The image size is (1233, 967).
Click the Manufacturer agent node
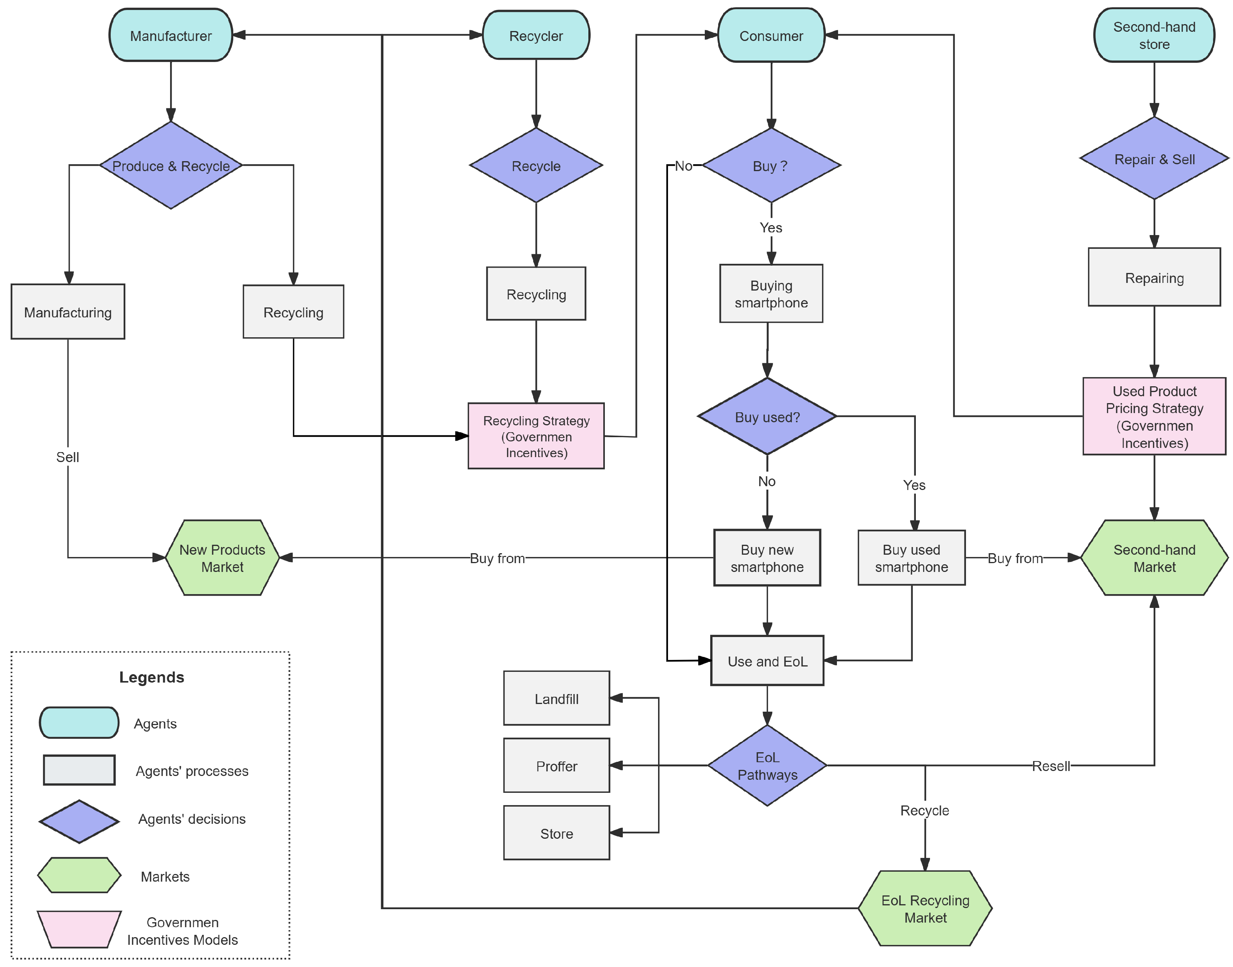(170, 35)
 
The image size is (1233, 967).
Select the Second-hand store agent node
(1153, 35)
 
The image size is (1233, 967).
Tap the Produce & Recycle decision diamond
(170, 165)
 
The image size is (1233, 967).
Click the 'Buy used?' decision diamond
(766, 416)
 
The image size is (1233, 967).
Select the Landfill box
(556, 698)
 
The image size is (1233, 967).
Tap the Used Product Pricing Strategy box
(1153, 416)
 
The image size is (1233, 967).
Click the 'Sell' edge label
(67, 456)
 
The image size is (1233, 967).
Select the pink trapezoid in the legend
(79, 928)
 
